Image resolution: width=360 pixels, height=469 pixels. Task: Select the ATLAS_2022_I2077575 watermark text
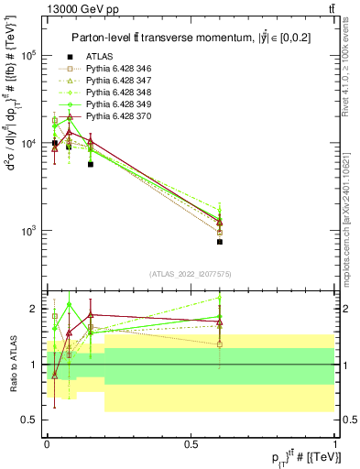coord(191,273)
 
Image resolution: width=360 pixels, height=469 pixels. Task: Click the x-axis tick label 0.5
coord(191,442)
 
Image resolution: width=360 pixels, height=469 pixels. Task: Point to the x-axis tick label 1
coord(335,442)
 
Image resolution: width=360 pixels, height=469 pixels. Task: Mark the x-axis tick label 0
coord(48,442)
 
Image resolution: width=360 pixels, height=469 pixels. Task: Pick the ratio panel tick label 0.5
coord(32,420)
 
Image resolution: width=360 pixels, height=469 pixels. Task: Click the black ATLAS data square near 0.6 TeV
coord(220,242)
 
